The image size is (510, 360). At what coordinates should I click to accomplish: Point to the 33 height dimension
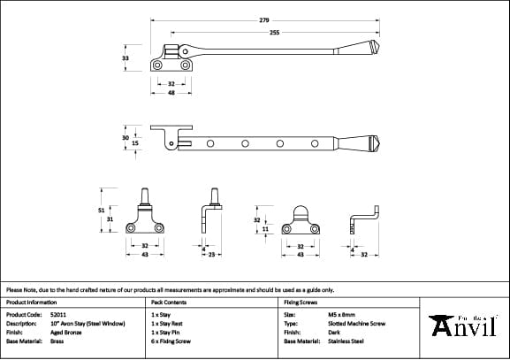[x=125, y=57]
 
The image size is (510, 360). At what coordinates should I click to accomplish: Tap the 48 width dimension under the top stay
[x=172, y=93]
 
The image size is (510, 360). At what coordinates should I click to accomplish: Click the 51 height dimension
[x=101, y=210]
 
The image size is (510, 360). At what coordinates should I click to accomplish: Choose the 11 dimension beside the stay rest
[x=265, y=228]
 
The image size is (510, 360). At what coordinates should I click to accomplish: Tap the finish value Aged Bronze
[x=63, y=332]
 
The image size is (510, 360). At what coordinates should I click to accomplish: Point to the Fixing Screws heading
[x=301, y=302]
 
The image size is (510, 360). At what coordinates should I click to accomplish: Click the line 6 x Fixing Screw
[x=171, y=341]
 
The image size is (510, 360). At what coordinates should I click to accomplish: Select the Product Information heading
[x=31, y=302]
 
